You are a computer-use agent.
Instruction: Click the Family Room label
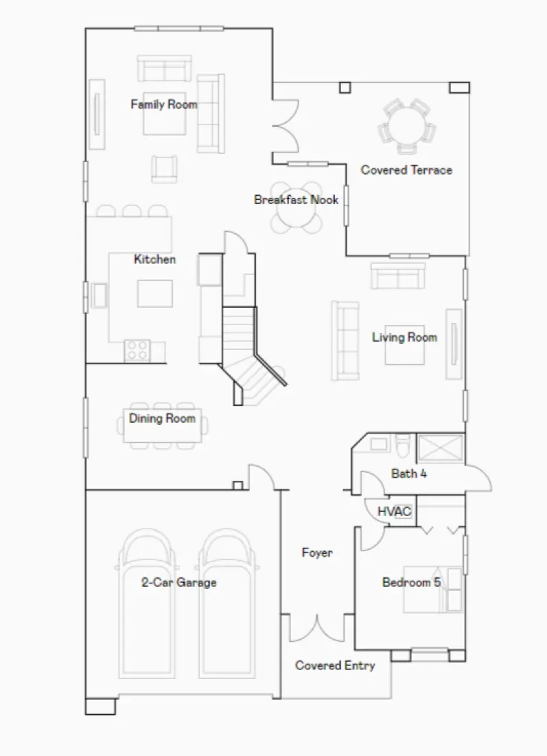click(x=163, y=104)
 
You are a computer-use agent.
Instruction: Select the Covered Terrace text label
click(x=406, y=170)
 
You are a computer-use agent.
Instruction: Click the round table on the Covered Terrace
click(x=406, y=126)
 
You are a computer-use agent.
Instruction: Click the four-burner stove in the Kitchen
click(x=137, y=351)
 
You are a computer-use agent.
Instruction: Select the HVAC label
click(x=395, y=512)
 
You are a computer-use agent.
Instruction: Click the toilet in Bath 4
click(x=403, y=445)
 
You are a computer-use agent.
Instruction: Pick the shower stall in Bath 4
click(x=440, y=448)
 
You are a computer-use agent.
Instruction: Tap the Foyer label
click(x=317, y=553)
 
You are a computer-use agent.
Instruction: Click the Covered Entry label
click(x=335, y=665)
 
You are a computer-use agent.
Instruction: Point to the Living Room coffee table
click(x=405, y=347)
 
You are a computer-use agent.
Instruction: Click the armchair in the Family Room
click(x=165, y=168)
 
